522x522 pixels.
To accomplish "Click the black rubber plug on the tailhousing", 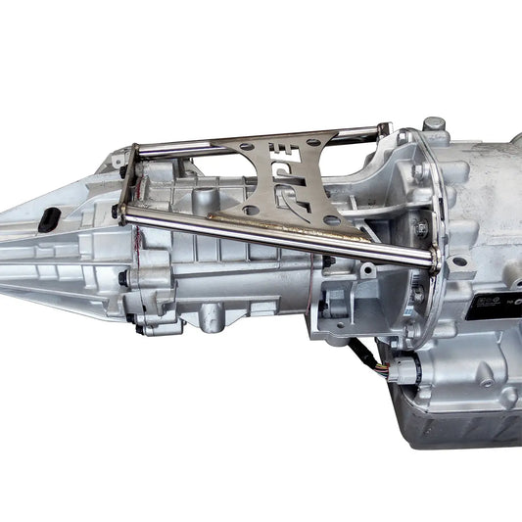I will coord(45,222).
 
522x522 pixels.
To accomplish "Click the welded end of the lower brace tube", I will coord(429,260).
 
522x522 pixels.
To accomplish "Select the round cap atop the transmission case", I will coord(434,126).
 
